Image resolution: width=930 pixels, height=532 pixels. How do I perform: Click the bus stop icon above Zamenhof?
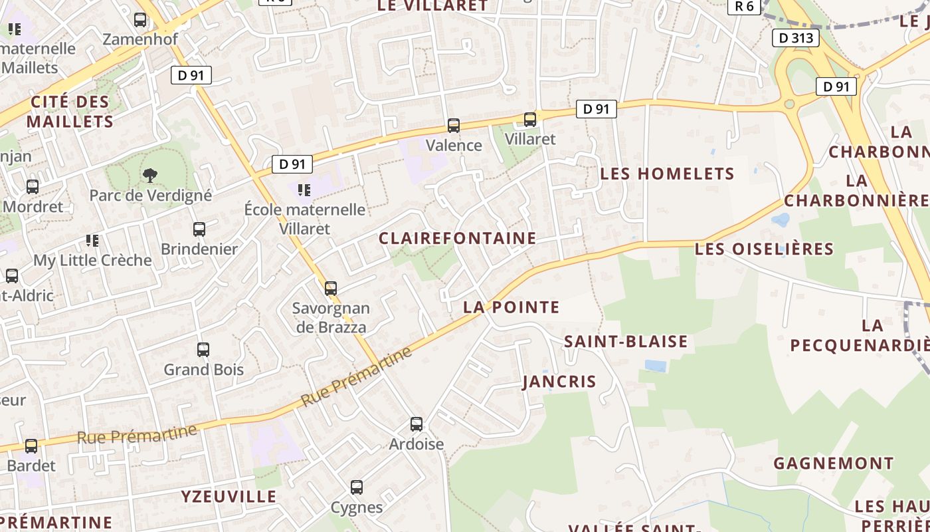click(140, 20)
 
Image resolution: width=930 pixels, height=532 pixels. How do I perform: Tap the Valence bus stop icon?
click(454, 125)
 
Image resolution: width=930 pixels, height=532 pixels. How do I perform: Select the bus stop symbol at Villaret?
click(530, 120)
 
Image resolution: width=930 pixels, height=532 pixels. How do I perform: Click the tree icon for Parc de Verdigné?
click(150, 176)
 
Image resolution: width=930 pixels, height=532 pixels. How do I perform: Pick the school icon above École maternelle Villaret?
click(304, 190)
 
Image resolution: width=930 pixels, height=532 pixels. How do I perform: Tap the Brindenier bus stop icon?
click(199, 229)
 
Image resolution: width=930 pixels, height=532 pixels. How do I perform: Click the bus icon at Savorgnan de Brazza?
click(331, 289)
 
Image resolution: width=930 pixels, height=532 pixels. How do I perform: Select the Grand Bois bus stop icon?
click(203, 350)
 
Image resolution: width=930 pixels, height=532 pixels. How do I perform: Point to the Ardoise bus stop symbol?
click(417, 424)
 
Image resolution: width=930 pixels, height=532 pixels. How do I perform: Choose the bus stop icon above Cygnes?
click(357, 487)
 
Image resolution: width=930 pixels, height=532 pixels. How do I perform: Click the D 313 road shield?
click(795, 38)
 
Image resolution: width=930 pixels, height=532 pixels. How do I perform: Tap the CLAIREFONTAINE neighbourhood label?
click(458, 238)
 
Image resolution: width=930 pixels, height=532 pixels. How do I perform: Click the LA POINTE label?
click(511, 307)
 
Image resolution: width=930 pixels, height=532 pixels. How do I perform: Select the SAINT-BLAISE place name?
click(626, 342)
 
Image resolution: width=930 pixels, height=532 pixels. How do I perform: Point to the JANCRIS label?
click(559, 382)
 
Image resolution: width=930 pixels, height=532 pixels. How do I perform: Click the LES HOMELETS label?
click(668, 174)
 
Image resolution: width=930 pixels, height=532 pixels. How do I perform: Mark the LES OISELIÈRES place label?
click(764, 249)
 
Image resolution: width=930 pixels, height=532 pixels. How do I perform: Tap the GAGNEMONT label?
click(834, 464)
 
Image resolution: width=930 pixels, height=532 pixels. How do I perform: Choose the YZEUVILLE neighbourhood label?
click(229, 497)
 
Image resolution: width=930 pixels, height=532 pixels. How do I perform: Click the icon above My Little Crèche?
click(92, 241)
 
